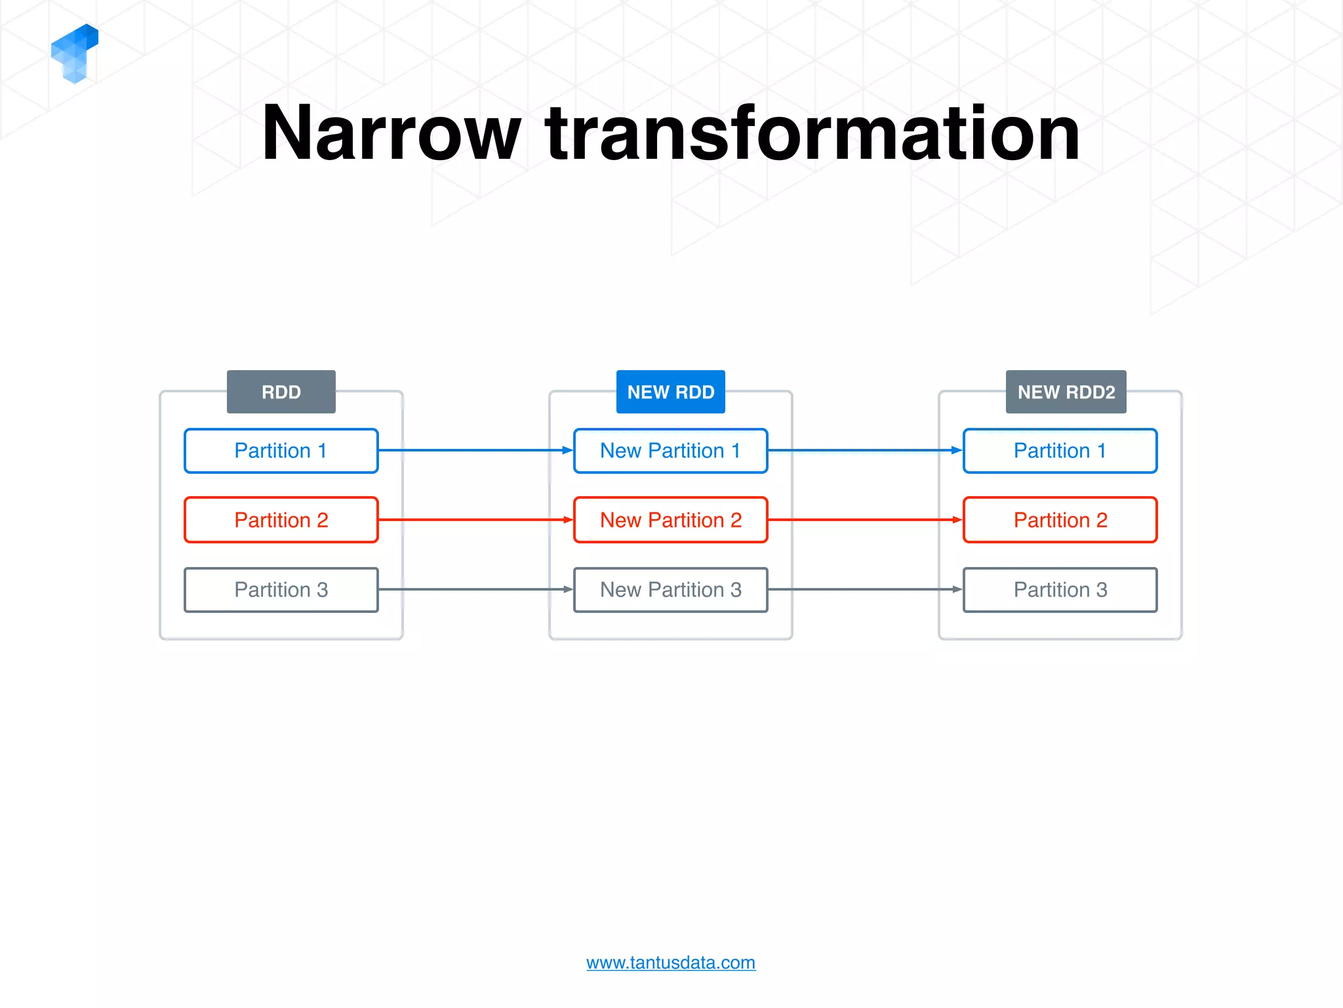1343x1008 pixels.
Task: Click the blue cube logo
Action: click(x=74, y=52)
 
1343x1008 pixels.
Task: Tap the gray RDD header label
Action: click(x=281, y=392)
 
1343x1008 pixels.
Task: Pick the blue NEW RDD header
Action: click(x=670, y=392)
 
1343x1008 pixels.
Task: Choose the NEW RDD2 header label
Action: click(x=1066, y=392)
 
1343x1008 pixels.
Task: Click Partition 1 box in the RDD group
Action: click(x=281, y=451)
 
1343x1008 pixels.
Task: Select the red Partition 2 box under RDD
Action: click(x=281, y=520)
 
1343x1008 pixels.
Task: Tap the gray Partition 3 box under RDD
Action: click(x=281, y=589)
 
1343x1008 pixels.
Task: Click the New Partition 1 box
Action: click(x=670, y=451)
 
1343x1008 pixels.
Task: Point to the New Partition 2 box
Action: click(x=670, y=520)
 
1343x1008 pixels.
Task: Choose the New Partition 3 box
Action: click(x=670, y=589)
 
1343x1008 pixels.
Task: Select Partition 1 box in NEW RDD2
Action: click(x=1060, y=451)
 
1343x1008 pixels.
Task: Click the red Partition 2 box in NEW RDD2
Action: click(x=1060, y=520)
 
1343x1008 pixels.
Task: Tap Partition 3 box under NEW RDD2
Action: click(x=1060, y=589)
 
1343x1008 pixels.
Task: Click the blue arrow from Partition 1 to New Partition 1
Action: click(x=475, y=450)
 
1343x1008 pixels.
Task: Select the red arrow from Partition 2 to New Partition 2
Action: click(x=475, y=520)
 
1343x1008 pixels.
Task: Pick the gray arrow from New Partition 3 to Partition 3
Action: click(x=865, y=589)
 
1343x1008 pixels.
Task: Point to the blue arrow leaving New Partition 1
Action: click(x=865, y=450)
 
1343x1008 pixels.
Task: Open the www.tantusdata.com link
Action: click(x=670, y=963)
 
